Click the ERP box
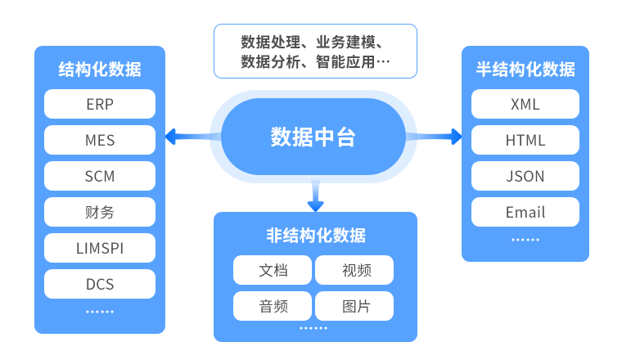99,104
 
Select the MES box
99,140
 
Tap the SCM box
99,176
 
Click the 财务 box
99,212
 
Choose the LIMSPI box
99,248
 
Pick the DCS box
99,284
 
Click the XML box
525,104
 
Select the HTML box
525,140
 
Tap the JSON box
525,176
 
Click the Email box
525,212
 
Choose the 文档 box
273,270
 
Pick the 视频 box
354,270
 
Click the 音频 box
273,306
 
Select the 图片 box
354,306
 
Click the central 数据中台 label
313,137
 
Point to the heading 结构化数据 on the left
99,70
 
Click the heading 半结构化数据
525,70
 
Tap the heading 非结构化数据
315,236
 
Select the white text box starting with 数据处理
315,51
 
